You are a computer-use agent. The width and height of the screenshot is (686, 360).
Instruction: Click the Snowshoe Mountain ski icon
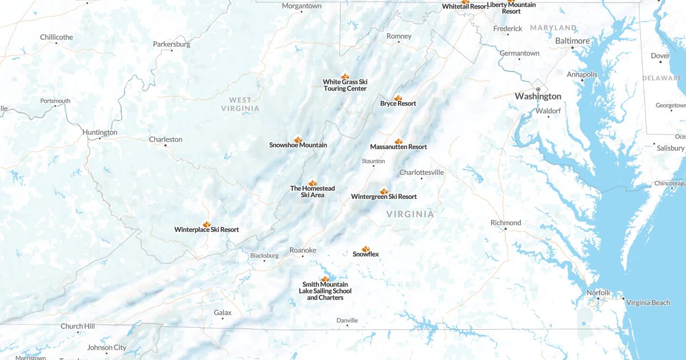pyautogui.click(x=298, y=139)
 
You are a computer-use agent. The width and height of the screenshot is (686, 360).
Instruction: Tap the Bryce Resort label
pyautogui.click(x=398, y=103)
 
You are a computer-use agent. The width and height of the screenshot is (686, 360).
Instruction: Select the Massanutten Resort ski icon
pyautogui.click(x=398, y=141)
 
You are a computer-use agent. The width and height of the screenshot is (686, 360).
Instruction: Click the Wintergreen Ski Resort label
pyautogui.click(x=384, y=197)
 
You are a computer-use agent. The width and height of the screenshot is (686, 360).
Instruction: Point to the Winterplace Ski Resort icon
pyautogui.click(x=206, y=224)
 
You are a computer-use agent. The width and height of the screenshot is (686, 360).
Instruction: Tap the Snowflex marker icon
pyautogui.click(x=366, y=248)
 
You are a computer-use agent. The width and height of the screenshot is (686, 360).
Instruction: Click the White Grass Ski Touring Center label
pyautogui.click(x=345, y=85)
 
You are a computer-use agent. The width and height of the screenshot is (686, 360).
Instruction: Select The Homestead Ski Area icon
pyautogui.click(x=313, y=183)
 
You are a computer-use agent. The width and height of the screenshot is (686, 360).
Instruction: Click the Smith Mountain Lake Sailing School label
pyautogui.click(x=325, y=291)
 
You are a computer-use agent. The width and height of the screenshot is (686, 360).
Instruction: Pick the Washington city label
pyautogui.click(x=538, y=97)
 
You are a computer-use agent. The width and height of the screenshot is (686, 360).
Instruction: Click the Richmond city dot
pyautogui.click(x=505, y=229)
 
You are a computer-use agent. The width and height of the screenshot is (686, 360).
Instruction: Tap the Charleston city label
pyautogui.click(x=165, y=139)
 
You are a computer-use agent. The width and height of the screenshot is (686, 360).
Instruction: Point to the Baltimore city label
pyautogui.click(x=572, y=41)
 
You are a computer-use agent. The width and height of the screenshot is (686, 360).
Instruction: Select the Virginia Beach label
pyautogui.click(x=648, y=303)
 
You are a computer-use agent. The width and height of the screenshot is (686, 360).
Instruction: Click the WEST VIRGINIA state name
pyautogui.click(x=240, y=104)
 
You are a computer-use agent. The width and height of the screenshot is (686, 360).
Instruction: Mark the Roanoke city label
pyautogui.click(x=302, y=250)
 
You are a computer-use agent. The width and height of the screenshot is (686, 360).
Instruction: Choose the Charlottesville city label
pyautogui.click(x=421, y=173)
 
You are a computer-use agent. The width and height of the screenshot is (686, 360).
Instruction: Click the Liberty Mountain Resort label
pyautogui.click(x=511, y=8)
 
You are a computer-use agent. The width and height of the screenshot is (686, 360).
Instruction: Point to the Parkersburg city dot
pyautogui.click(x=171, y=51)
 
